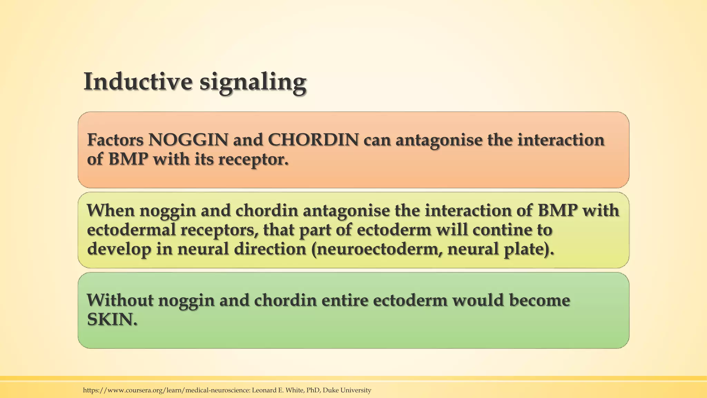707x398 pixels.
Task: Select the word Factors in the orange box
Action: click(115, 140)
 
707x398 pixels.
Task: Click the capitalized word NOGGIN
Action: click(188, 140)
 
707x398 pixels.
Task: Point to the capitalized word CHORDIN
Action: click(313, 140)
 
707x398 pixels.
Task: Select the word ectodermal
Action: click(131, 230)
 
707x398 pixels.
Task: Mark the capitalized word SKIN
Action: click(111, 320)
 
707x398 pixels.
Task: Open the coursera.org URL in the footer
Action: click(166, 390)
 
